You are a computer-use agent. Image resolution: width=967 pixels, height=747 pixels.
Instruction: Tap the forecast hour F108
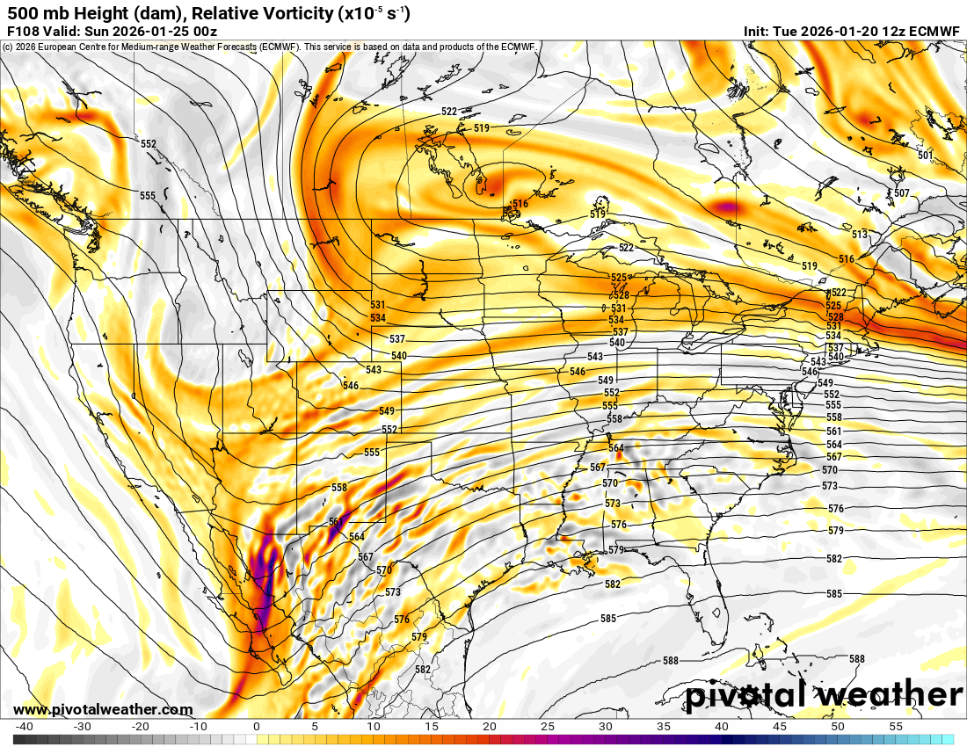23,31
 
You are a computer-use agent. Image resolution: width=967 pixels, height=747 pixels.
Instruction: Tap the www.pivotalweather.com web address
103,709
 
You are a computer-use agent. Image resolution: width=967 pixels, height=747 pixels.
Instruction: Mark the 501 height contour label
925,156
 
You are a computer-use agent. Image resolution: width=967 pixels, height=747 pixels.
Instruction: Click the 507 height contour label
901,193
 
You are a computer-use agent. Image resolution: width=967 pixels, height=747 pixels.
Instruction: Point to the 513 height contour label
859,235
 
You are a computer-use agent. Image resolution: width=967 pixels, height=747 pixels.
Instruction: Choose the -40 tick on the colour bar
25,726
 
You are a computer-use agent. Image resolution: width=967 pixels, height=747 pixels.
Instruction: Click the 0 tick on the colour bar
256,726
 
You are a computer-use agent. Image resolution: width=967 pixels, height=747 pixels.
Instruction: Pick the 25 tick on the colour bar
547,726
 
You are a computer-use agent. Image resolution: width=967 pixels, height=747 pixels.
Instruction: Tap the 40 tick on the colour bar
721,726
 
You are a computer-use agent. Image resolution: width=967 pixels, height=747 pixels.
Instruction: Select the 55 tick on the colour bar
895,726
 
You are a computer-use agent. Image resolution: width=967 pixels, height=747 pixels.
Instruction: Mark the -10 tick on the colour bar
198,726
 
